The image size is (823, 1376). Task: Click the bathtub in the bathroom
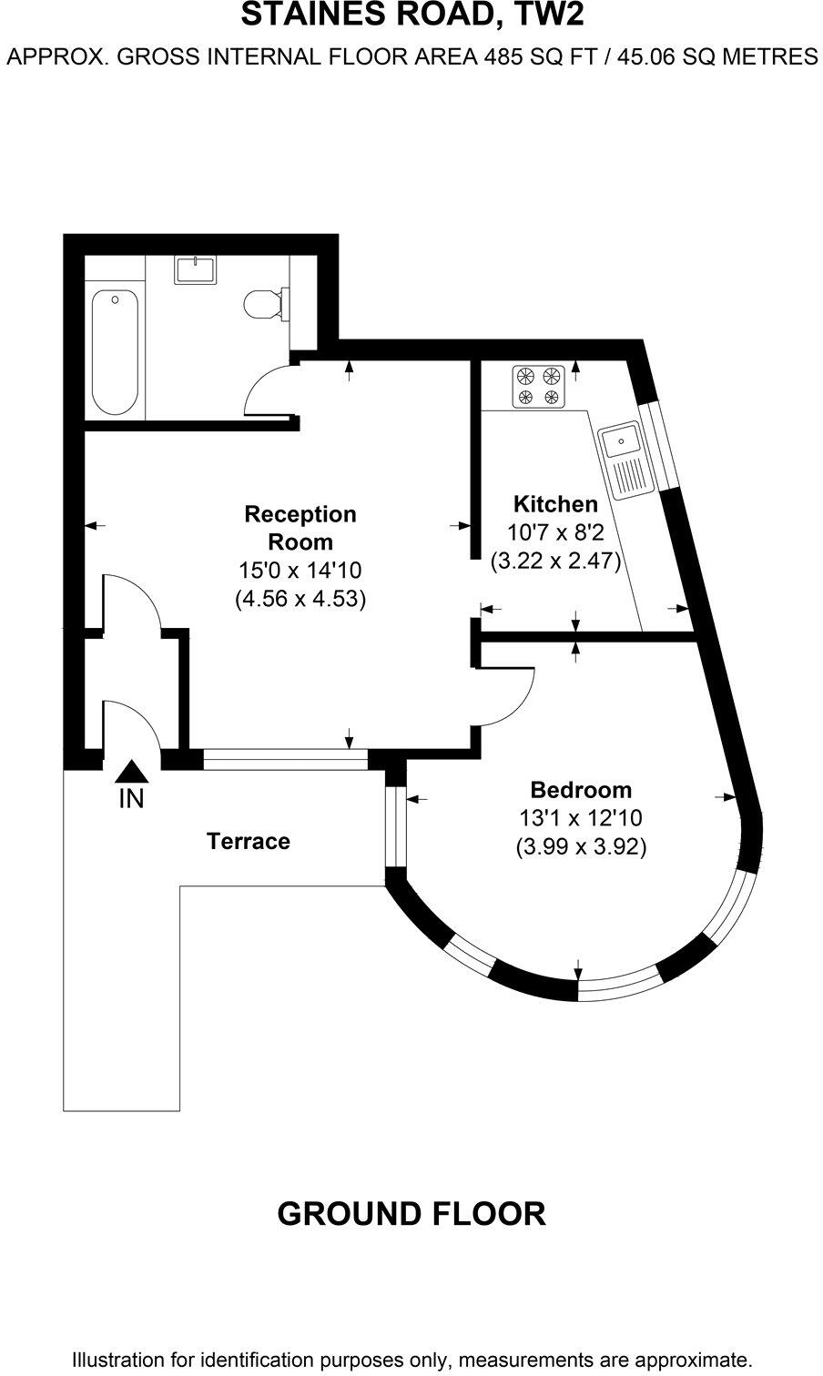coord(115,352)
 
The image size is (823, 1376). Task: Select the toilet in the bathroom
coord(263,303)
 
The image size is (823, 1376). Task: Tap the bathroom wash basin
coord(196,270)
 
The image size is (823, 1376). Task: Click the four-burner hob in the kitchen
coord(537,386)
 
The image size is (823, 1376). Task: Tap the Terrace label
coord(249,841)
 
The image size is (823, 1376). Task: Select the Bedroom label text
coord(581,789)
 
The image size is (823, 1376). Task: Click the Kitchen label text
coord(555,503)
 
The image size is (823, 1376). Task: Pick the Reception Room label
coord(300,528)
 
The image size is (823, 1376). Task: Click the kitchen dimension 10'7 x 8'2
coord(555,532)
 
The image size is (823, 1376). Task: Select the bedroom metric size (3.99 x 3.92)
coord(581,847)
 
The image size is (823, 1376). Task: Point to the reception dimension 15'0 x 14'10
coord(300,571)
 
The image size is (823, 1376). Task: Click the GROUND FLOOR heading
coord(411,1213)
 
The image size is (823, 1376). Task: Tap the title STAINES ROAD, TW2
coord(411,15)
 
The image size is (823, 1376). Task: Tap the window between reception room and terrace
coord(285,759)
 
